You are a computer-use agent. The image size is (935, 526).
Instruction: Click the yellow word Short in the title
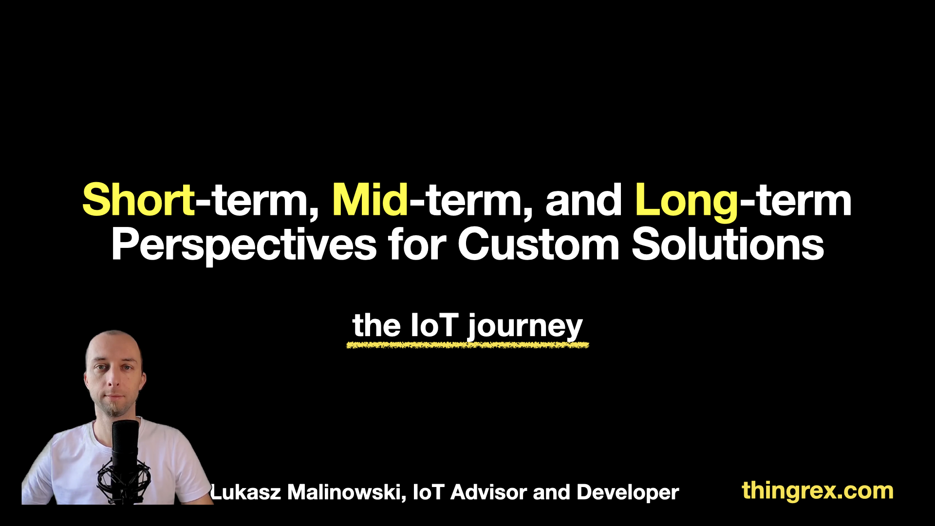point(139,200)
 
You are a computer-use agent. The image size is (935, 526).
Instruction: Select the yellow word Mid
point(370,200)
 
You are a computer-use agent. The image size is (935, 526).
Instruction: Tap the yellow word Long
point(687,202)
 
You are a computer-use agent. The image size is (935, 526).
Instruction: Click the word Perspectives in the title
point(244,245)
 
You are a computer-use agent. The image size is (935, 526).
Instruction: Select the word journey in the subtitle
point(525,327)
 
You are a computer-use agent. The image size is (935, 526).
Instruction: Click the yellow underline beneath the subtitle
point(467,345)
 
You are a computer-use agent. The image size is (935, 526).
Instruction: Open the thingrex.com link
point(818,491)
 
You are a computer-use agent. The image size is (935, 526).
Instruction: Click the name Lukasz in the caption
point(246,492)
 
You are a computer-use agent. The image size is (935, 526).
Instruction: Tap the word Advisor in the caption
point(489,492)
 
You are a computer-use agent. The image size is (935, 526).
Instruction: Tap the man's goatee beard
point(114,408)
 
